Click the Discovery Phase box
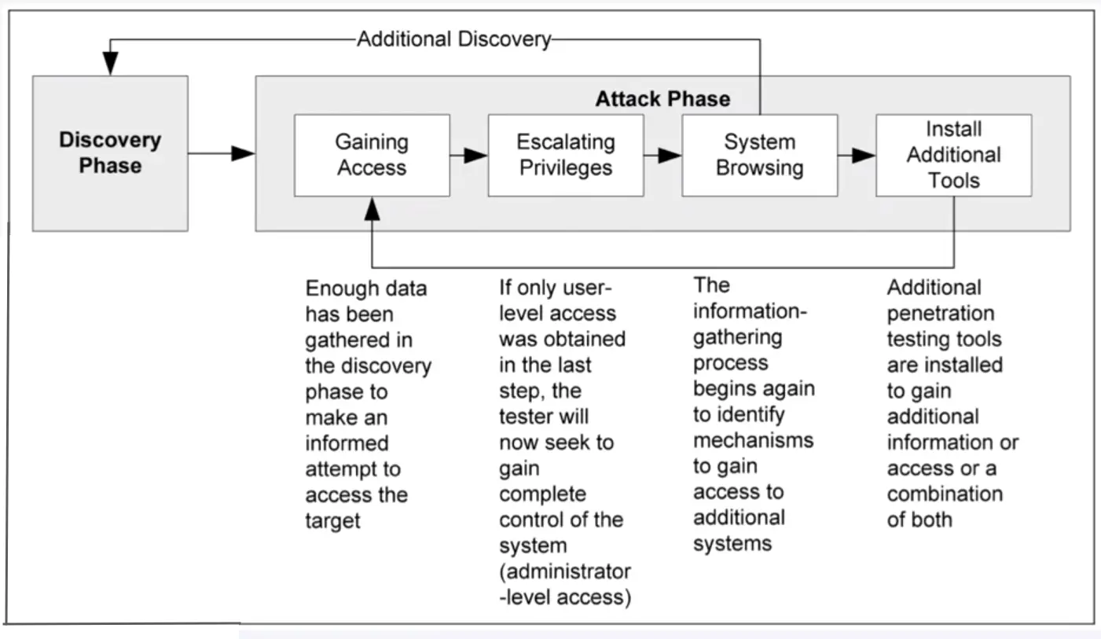[110, 153]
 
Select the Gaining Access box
[372, 155]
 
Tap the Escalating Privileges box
[565, 155]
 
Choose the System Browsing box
[759, 155]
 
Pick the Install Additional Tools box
[953, 155]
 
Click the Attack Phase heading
[662, 99]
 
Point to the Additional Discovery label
[454, 39]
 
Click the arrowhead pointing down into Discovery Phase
[110, 65]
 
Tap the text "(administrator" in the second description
[565, 571]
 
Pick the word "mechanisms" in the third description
[753, 439]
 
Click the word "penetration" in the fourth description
[941, 314]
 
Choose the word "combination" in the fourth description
[945, 494]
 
